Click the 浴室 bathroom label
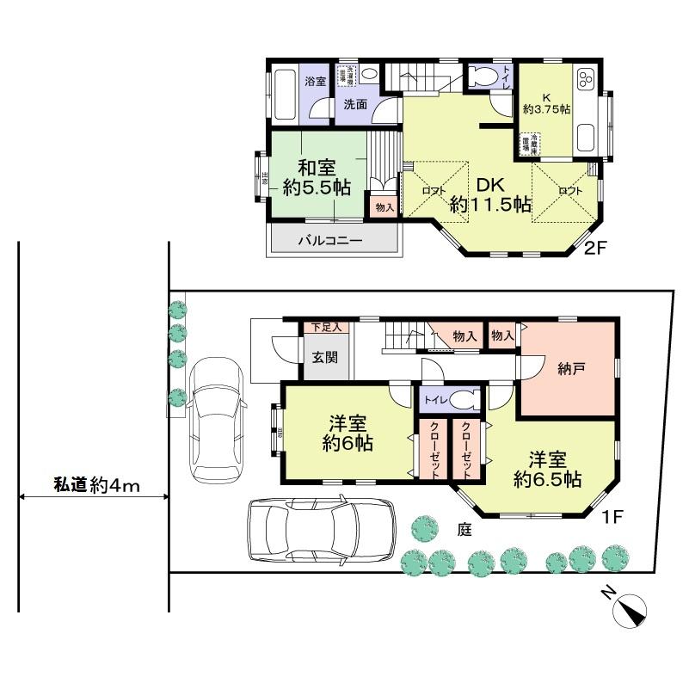click(316, 82)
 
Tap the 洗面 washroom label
click(355, 105)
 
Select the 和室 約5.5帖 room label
click(317, 176)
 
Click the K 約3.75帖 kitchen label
click(546, 102)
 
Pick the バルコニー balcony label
click(330, 240)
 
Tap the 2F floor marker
click(596, 249)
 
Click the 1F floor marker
click(612, 517)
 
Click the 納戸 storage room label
click(571, 368)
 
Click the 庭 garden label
click(464, 531)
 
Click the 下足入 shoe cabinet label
click(326, 328)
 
